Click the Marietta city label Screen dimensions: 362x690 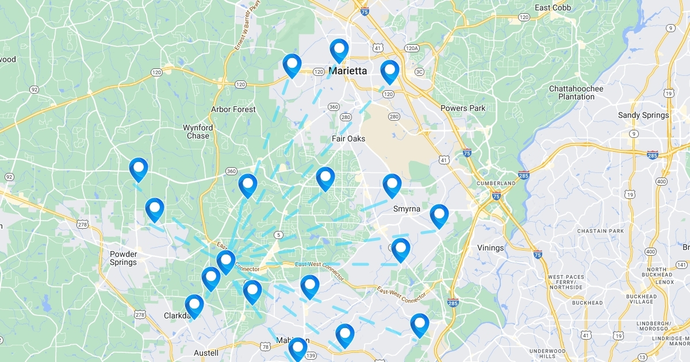(x=347, y=71)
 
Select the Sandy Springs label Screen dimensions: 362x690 (x=643, y=115)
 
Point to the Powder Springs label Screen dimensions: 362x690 (x=123, y=258)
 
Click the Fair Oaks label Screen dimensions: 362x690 (x=348, y=138)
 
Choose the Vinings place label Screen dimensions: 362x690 (x=490, y=248)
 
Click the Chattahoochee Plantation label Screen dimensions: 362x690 (x=576, y=93)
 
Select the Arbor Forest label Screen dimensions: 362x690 (x=233, y=109)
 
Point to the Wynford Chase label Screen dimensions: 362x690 (x=198, y=132)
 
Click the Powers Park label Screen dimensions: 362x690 (x=463, y=108)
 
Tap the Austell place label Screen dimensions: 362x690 (x=206, y=353)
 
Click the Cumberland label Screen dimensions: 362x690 (x=496, y=183)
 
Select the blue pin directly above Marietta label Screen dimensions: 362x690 (x=339, y=51)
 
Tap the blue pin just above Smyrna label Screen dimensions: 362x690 (x=392, y=186)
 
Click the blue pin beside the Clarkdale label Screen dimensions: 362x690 (x=194, y=306)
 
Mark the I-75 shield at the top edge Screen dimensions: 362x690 (x=365, y=11)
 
